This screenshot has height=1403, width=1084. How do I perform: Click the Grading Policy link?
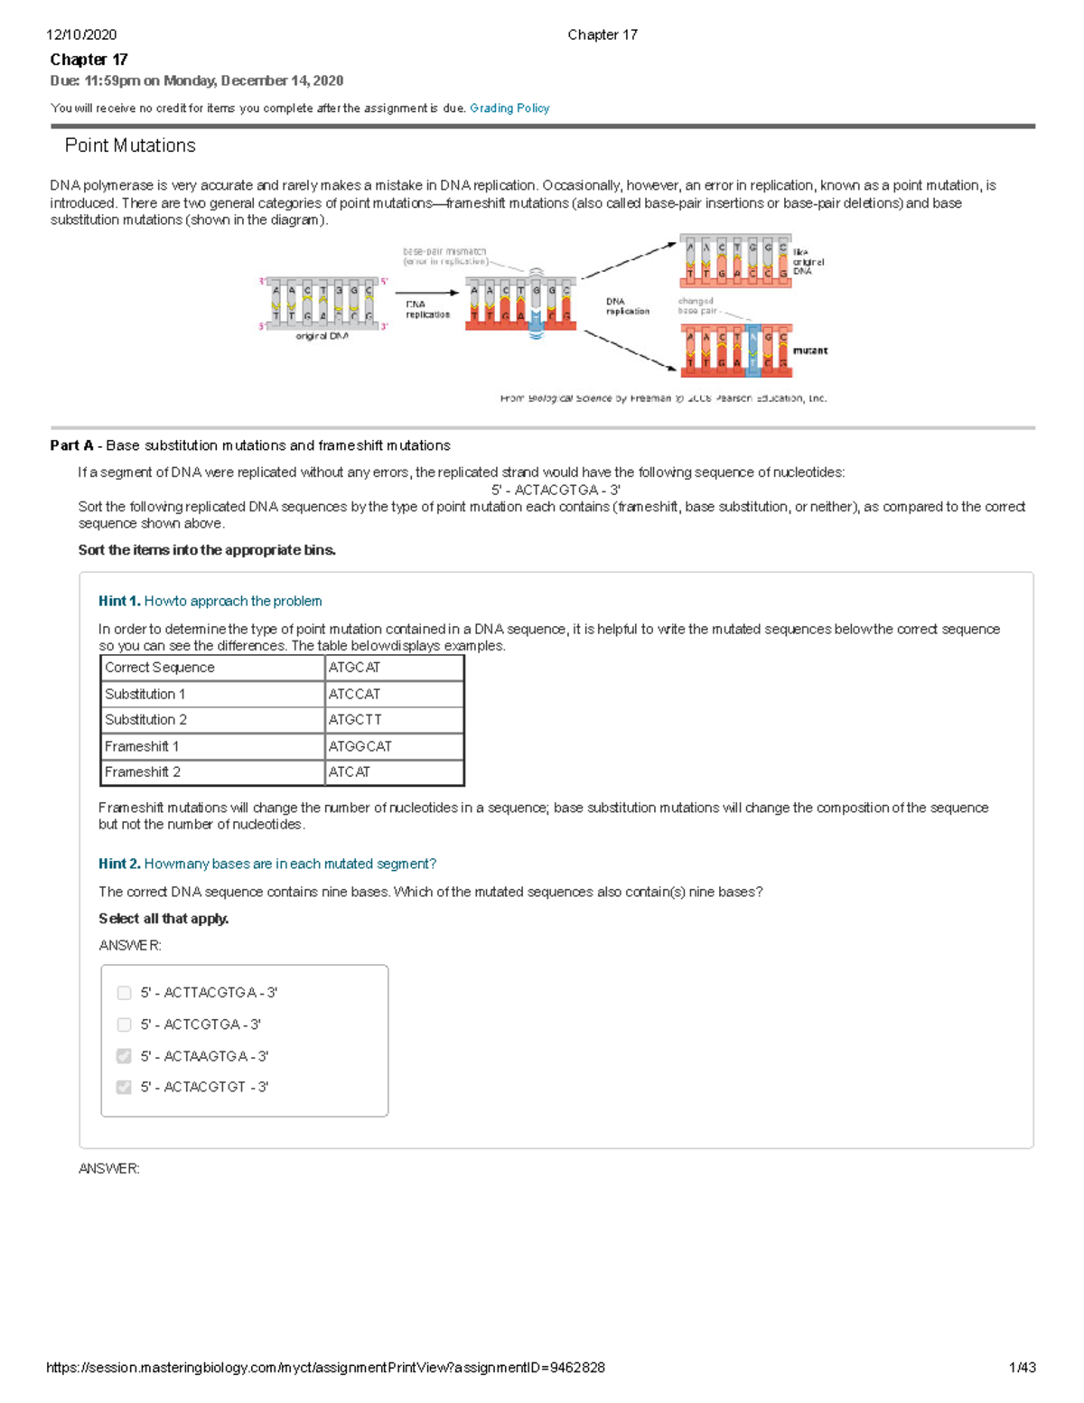point(509,108)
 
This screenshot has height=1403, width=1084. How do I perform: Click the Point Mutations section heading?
point(130,145)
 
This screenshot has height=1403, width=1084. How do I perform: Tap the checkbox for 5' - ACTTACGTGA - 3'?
point(125,993)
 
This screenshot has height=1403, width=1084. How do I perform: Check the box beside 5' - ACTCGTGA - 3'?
point(125,1024)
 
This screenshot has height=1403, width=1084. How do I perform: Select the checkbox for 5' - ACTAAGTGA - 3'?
point(125,1056)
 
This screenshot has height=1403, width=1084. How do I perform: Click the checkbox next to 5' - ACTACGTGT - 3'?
point(125,1087)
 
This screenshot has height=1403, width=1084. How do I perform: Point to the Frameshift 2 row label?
point(143,772)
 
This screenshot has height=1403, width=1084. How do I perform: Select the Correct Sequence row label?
point(160,668)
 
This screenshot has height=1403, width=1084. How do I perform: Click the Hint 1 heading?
point(210,602)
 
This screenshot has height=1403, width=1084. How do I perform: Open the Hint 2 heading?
point(266,865)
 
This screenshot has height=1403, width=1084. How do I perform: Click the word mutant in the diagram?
point(809,351)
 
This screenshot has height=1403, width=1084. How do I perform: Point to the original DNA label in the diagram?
point(322,336)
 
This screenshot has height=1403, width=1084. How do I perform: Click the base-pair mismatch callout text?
point(444,257)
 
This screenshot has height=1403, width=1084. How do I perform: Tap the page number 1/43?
point(1022,1368)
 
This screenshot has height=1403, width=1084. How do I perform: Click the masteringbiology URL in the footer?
point(325,1368)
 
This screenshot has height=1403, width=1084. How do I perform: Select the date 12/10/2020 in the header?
point(81,35)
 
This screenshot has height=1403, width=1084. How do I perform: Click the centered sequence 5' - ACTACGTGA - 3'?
point(556,490)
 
